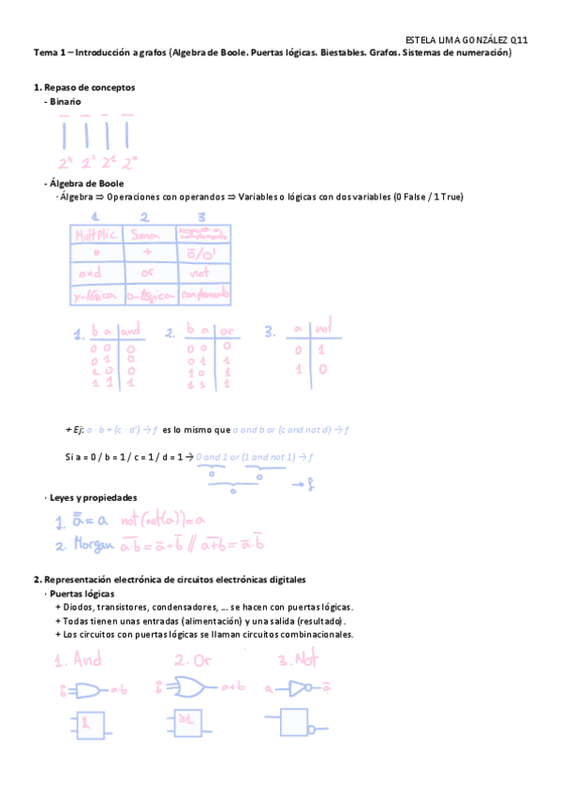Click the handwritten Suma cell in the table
[148, 232]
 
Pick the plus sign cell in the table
[148, 253]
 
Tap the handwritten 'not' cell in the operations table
[199, 273]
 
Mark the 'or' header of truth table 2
[228, 331]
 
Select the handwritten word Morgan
[92, 544]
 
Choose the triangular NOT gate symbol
[301, 690]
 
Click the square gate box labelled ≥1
[186, 723]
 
